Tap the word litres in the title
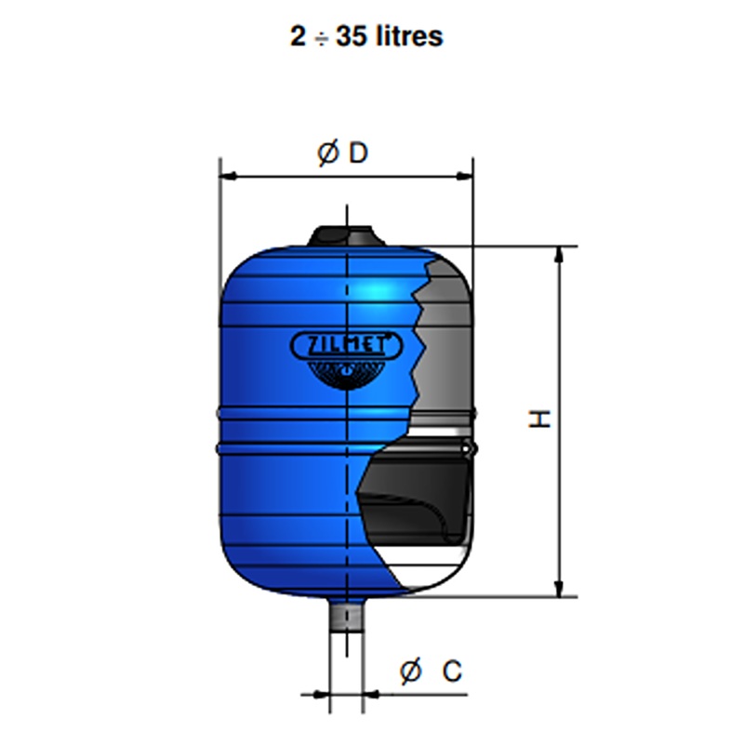point(409,36)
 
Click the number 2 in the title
point(298,36)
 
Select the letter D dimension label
point(358,153)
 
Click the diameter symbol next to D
point(328,153)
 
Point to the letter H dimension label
point(539,419)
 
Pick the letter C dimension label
point(452,671)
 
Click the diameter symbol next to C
point(410,671)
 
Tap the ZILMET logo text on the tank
point(346,345)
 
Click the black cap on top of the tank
point(346,236)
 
